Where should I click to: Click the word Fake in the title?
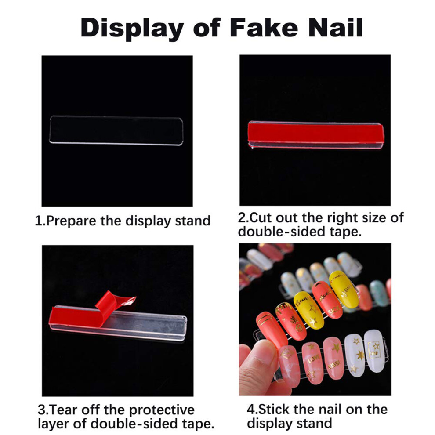coord(264,27)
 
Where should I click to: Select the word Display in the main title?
coord(132,29)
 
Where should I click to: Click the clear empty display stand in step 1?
coord(116,130)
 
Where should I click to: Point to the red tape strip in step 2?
coord(316,133)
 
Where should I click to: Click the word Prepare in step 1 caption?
coord(71,221)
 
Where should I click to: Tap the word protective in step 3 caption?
coord(162,410)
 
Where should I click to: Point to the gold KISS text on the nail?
coord(334,365)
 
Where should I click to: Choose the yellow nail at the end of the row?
coord(344,289)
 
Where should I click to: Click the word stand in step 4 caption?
coord(316,424)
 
